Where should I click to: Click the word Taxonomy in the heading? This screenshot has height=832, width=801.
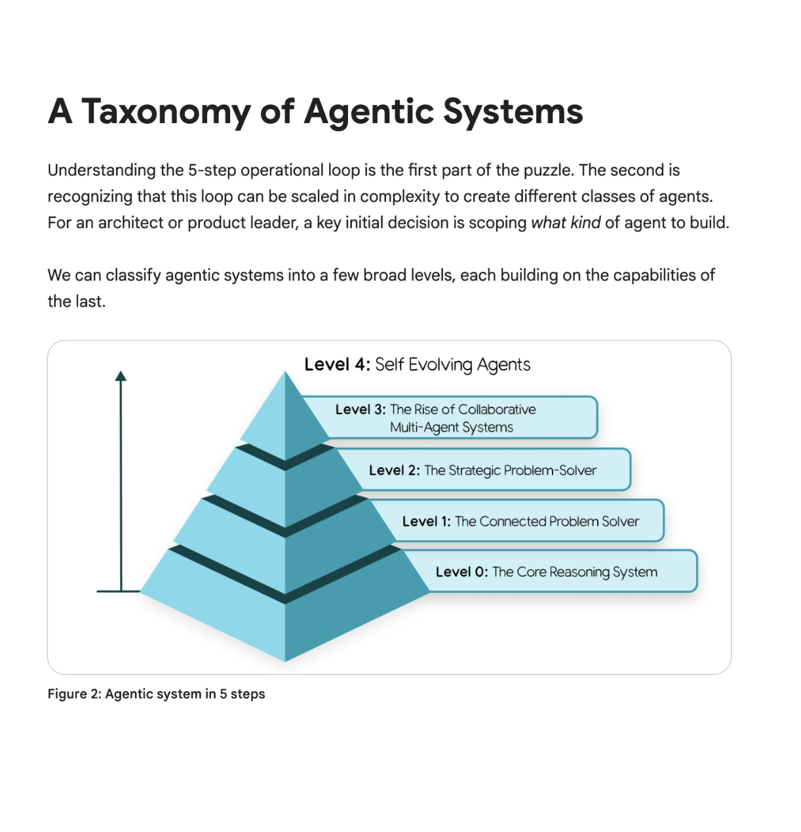tap(166, 112)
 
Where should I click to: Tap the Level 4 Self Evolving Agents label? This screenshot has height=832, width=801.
tap(417, 364)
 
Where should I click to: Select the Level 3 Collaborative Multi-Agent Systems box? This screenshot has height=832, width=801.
tap(459, 418)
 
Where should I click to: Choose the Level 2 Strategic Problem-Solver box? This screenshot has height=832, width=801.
tap(492, 470)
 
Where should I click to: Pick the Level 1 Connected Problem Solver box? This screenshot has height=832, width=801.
tap(524, 521)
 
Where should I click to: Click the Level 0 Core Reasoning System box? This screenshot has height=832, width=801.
tap(557, 572)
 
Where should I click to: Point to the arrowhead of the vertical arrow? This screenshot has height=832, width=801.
tap(121, 376)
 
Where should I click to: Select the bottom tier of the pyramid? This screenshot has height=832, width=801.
tap(284, 609)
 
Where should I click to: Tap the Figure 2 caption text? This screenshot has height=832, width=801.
tap(156, 694)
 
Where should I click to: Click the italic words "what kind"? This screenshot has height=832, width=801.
tap(565, 223)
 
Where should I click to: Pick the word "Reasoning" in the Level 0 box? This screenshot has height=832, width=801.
tap(579, 572)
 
